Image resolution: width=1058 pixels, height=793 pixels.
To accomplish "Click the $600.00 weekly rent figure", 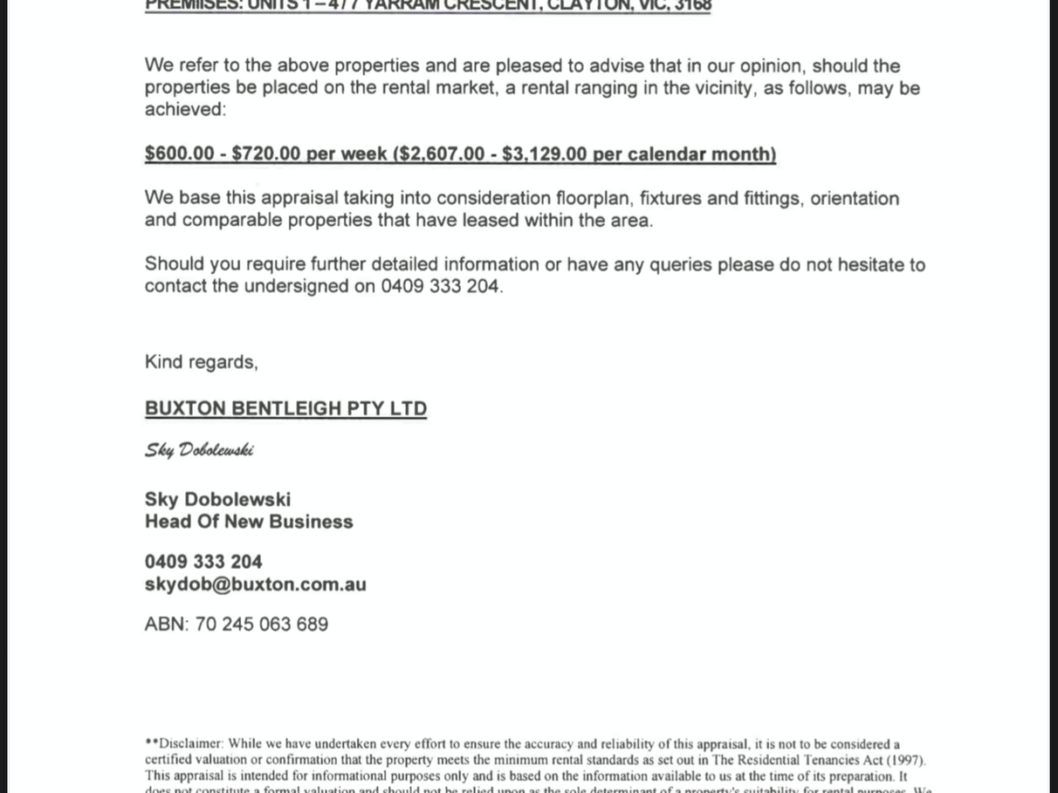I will (179, 154).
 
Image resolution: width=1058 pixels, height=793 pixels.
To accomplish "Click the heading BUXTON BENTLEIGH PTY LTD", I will (285, 409).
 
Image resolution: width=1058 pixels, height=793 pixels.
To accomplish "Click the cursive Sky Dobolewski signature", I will (199, 450).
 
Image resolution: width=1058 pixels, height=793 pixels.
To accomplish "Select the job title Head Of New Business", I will (249, 522).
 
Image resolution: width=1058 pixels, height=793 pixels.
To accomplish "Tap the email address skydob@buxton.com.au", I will (255, 584).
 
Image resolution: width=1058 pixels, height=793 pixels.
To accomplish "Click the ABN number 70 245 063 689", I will (261, 625).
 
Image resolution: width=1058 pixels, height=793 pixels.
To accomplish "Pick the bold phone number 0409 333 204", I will (203, 562).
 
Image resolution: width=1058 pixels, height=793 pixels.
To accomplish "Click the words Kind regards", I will (201, 362).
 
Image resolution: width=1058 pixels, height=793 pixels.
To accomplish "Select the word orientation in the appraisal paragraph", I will (854, 199).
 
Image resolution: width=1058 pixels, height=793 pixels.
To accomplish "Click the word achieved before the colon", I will (184, 110).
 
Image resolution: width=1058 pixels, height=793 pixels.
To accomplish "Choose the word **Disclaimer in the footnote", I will (184, 744).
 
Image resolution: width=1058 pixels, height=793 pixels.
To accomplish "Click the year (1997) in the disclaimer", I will (906, 761).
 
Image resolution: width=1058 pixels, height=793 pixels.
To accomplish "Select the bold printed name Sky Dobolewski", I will (217, 500).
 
